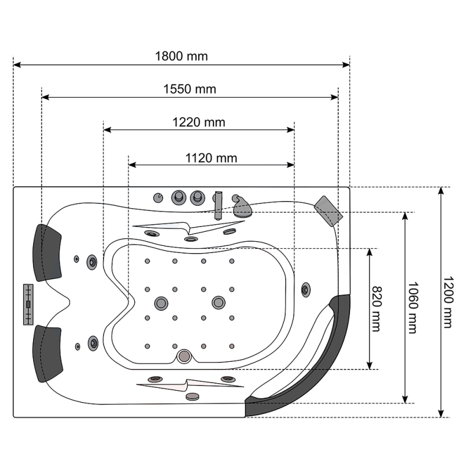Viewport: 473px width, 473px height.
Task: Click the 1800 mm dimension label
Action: point(182,56)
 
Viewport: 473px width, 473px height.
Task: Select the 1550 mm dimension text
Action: point(190,89)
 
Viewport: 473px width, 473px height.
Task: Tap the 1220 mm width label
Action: point(199,122)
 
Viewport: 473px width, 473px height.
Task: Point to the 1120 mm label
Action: point(211,158)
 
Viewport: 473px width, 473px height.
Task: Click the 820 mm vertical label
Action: point(377,309)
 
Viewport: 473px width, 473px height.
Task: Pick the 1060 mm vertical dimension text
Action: point(413,307)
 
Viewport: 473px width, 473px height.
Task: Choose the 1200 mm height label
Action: point(448,302)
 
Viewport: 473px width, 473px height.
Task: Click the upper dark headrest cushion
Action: point(47,253)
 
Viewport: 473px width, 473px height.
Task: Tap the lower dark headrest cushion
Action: point(47,354)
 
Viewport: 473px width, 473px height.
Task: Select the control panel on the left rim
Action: point(28,304)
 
